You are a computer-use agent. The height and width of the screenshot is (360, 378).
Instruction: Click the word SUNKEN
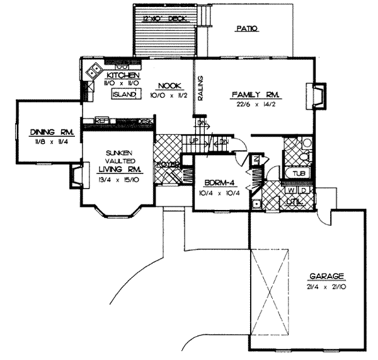click(x=118, y=152)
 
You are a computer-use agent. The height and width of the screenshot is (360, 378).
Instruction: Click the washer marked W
click(x=292, y=190)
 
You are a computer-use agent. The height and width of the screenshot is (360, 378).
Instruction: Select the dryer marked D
click(x=302, y=190)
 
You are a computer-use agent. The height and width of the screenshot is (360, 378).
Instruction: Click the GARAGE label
click(x=326, y=276)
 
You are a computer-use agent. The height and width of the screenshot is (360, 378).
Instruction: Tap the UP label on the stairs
click(x=195, y=140)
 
